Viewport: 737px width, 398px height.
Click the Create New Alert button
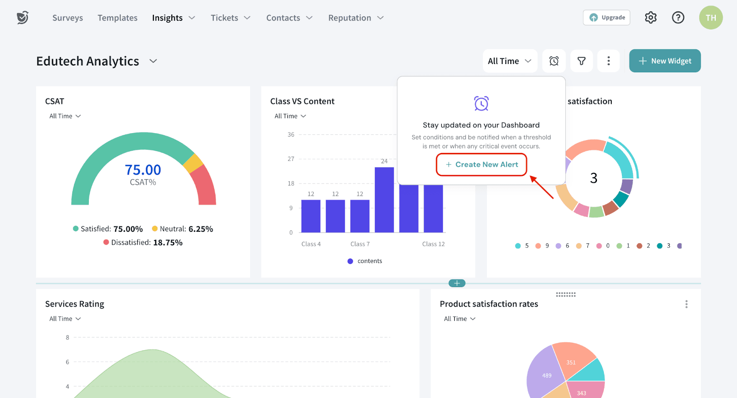click(x=481, y=164)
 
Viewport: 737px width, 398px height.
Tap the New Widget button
click(x=665, y=61)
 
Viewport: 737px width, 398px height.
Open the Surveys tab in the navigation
click(x=68, y=18)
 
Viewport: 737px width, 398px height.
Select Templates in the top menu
click(x=117, y=18)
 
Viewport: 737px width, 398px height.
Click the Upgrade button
click(x=607, y=18)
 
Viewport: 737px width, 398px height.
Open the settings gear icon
click(x=650, y=18)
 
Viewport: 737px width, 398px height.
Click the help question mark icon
click(x=678, y=18)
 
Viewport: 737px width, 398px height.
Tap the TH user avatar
click(x=711, y=18)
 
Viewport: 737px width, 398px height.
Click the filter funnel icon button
click(x=581, y=61)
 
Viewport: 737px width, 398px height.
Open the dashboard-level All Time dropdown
click(x=509, y=61)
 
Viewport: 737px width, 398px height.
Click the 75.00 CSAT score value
click(x=143, y=170)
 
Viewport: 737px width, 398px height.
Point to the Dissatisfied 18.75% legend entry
click(x=143, y=242)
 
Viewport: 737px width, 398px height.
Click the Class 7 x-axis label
click(x=360, y=244)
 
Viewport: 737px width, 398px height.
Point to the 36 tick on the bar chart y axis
click(x=291, y=135)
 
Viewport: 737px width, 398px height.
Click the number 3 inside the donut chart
click(x=594, y=178)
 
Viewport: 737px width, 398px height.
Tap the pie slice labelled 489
click(x=547, y=375)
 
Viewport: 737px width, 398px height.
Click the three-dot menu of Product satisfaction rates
click(x=686, y=304)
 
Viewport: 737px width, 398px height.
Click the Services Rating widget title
click(x=75, y=304)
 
